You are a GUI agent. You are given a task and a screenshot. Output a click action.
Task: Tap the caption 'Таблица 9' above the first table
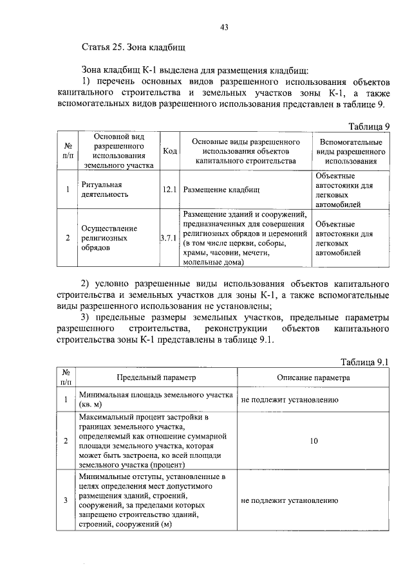click(x=369, y=126)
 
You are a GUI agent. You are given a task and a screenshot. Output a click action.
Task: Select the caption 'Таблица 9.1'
click(x=365, y=363)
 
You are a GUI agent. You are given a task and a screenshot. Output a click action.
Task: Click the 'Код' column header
click(x=170, y=150)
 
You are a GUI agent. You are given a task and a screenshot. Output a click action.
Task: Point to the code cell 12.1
click(x=170, y=190)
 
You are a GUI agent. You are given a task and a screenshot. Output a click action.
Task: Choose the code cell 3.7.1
click(x=170, y=238)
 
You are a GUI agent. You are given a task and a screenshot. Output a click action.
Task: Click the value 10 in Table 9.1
click(x=314, y=442)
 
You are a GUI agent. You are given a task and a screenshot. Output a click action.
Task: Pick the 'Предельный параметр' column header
click(x=156, y=377)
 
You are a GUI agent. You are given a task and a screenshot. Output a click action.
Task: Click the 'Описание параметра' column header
click(x=314, y=377)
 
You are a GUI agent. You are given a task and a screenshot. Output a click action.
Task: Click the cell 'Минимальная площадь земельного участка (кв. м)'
click(x=155, y=400)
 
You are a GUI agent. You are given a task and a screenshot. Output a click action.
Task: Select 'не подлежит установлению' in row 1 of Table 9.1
click(x=289, y=400)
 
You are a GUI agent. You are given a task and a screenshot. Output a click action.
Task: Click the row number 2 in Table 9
click(x=68, y=238)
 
